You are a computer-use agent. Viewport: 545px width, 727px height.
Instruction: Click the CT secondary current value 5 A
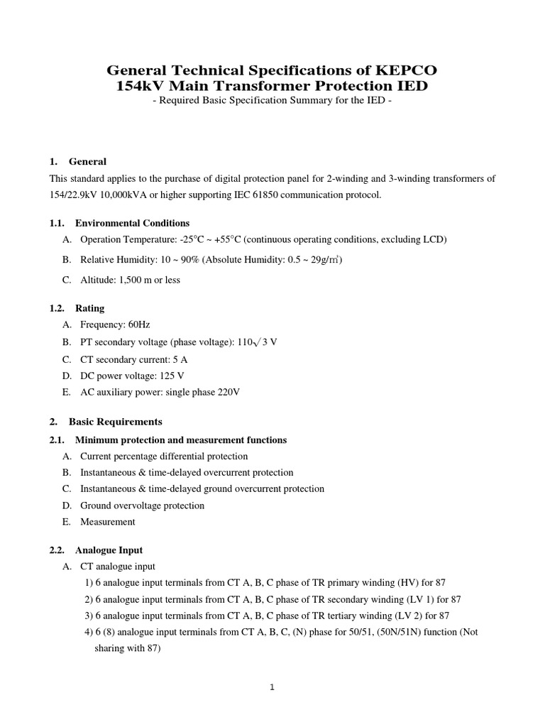pyautogui.click(x=180, y=359)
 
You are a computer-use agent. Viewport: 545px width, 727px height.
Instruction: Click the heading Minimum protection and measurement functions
pyautogui.click(x=180, y=440)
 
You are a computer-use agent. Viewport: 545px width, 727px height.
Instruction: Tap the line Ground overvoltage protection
pyautogui.click(x=142, y=505)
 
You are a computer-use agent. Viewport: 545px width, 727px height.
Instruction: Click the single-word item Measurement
pyautogui.click(x=107, y=522)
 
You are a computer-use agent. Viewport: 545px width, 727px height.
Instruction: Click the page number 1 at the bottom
pyautogui.click(x=272, y=687)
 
